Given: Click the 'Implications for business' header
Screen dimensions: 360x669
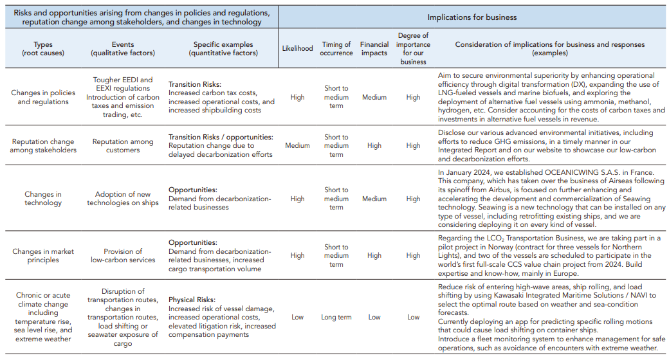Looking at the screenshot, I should [x=473, y=17].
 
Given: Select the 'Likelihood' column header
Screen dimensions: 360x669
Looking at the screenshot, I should [x=297, y=48].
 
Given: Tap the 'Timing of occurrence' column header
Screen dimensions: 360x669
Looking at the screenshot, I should [x=336, y=48].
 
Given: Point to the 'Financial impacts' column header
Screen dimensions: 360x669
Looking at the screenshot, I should [x=374, y=48].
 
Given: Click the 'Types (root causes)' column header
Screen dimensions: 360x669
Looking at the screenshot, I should [x=44, y=48].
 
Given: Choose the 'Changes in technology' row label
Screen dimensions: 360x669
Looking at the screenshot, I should [x=44, y=199].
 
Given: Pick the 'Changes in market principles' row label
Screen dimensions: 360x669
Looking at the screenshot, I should [x=44, y=256].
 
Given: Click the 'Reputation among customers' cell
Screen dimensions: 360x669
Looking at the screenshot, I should [x=123, y=146].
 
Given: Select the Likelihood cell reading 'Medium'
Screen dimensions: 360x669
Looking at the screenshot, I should [x=297, y=146].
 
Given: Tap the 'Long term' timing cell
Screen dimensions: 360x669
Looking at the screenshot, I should [x=336, y=317].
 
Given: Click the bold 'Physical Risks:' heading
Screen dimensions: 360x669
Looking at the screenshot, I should [x=192, y=300].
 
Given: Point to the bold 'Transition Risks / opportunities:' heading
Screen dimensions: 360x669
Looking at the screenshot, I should [x=221, y=137].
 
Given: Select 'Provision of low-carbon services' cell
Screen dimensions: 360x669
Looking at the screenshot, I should [x=123, y=256].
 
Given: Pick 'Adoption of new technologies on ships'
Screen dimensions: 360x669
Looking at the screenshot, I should [x=123, y=199].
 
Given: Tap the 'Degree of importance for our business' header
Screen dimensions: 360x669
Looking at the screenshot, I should [x=413, y=48].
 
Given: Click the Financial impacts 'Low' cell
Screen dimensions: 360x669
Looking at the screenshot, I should [x=374, y=317].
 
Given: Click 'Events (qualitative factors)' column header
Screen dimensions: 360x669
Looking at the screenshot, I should [x=123, y=48].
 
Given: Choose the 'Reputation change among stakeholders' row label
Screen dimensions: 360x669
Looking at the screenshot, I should [x=44, y=146].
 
